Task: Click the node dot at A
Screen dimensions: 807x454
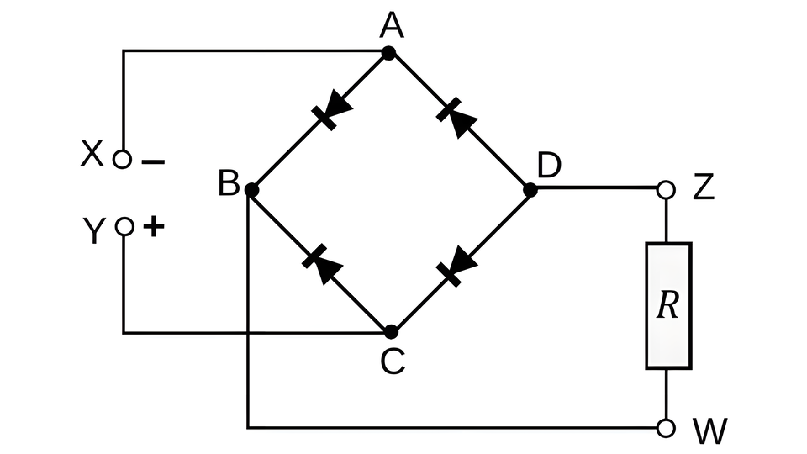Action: (388, 53)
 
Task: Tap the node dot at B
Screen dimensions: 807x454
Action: (251, 190)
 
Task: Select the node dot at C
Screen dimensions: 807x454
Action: (391, 332)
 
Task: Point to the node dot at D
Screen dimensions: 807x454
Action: (530, 190)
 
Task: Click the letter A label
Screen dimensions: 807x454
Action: (392, 26)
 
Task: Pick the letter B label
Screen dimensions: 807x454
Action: (229, 182)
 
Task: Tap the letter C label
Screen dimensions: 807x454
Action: (393, 361)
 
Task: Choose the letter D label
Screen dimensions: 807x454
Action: (549, 165)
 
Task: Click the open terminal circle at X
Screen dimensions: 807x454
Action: (122, 159)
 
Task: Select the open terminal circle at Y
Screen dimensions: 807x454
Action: (124, 226)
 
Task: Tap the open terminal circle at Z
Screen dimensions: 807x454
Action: (666, 189)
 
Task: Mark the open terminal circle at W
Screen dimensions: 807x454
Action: (666, 428)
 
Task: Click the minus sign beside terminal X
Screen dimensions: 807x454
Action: (153, 162)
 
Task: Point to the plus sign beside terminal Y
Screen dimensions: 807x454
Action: (153, 226)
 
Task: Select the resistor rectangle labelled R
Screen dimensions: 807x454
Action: (668, 306)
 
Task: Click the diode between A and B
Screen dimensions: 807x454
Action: (332, 110)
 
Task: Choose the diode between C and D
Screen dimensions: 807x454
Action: (456, 267)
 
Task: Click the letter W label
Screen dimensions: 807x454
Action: (711, 430)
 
